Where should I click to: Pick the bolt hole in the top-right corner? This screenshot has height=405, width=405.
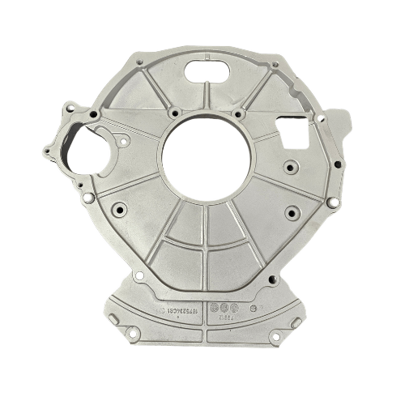tap(276, 64)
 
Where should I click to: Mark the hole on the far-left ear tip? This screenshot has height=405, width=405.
tap(47, 151)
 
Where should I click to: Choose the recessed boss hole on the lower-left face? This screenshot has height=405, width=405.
tap(120, 209)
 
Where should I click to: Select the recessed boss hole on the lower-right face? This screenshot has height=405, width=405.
tap(292, 214)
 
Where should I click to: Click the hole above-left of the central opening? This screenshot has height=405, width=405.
tap(174, 112)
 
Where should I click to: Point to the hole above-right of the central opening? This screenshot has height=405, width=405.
tap(237, 114)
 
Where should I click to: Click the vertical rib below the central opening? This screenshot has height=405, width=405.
tap(205, 235)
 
